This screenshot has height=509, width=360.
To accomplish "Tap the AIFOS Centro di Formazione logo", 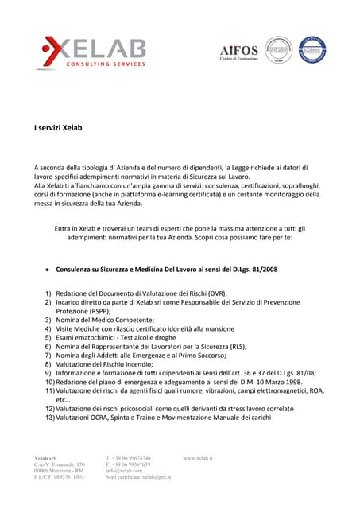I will point(239,52).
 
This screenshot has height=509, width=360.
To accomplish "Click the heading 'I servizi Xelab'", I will point(60,126).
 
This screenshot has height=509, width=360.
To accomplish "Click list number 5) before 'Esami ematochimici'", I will point(48,338).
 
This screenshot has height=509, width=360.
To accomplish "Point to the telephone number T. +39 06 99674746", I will point(128,459).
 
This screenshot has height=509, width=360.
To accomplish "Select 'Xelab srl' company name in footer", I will point(45,459).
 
